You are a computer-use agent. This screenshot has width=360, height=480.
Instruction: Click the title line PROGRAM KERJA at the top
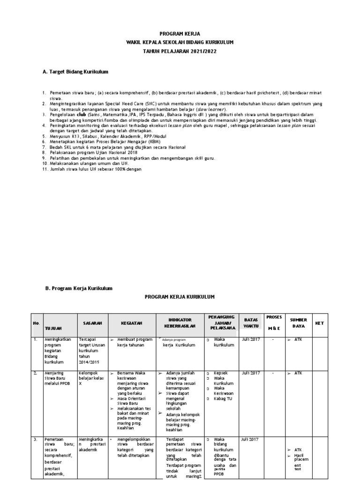180,34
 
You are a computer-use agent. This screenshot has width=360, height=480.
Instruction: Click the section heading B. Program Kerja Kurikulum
79,288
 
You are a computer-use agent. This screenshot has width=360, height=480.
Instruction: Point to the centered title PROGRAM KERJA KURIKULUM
180,297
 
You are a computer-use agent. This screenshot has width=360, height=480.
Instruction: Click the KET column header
319,323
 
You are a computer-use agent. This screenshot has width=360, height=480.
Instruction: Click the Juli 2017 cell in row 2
250,373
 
